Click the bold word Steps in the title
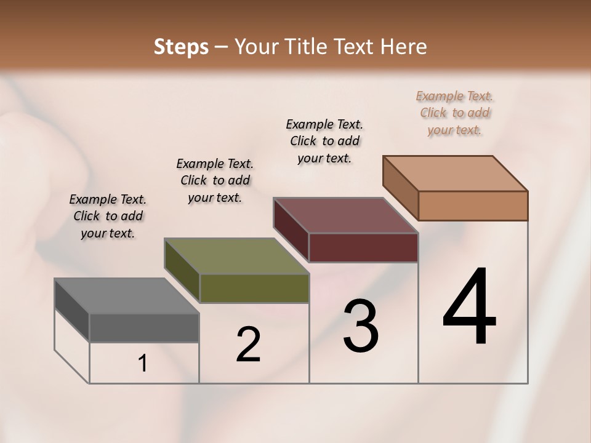[181, 47]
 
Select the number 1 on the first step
[143, 364]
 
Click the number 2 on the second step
[248, 345]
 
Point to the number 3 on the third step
[361, 326]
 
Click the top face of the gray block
[127, 296]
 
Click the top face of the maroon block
[346, 215]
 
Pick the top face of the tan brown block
[456, 174]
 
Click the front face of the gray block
[144, 327]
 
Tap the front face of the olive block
[254, 288]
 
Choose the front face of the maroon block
[363, 247]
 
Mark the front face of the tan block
[473, 206]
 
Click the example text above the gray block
[108, 217]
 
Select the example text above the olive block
[215, 180]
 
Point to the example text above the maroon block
[324, 141]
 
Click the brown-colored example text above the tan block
[454, 113]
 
